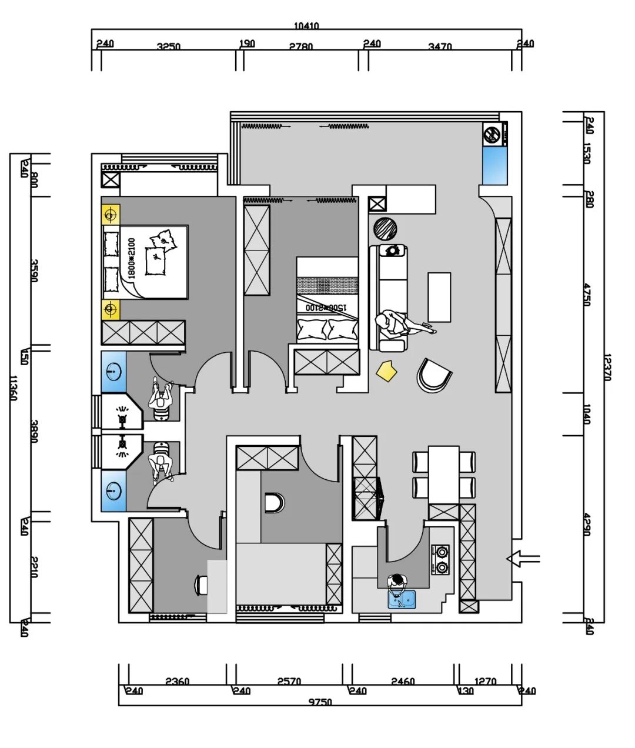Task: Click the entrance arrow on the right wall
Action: [x=522, y=559]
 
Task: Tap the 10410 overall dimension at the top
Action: [x=306, y=26]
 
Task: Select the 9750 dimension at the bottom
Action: [x=320, y=702]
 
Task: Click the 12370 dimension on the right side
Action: [x=607, y=368]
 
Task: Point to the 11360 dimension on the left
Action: [x=14, y=388]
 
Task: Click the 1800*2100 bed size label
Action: [x=131, y=258]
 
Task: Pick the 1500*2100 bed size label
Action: [x=322, y=307]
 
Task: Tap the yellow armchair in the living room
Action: [x=387, y=370]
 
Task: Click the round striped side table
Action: [x=386, y=228]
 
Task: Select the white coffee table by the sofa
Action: [x=439, y=297]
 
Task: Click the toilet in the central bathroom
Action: [x=274, y=503]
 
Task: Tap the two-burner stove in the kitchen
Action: [x=440, y=559]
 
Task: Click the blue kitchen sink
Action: [x=402, y=599]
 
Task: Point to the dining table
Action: [x=443, y=474]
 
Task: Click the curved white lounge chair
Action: [x=433, y=375]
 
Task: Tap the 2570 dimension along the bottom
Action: [x=289, y=682]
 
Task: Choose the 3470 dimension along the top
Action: [x=440, y=46]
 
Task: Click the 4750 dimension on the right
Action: [x=587, y=294]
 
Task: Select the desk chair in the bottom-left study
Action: [x=202, y=585]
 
